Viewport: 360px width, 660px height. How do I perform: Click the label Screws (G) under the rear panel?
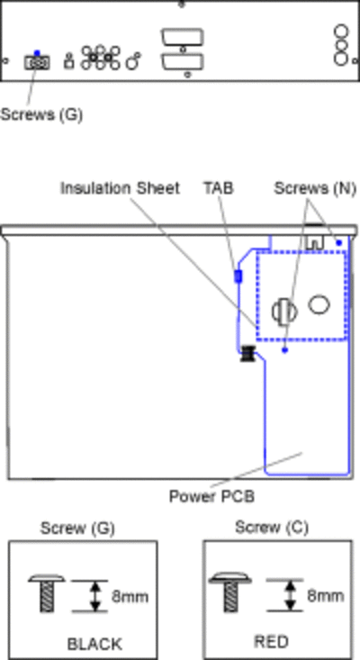(41, 114)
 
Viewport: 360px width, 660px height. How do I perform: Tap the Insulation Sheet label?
(120, 188)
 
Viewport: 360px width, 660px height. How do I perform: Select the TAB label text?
(219, 188)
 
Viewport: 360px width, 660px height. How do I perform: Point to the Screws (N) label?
(315, 188)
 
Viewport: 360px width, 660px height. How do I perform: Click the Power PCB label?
(212, 496)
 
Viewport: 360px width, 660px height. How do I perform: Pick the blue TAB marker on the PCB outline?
(238, 276)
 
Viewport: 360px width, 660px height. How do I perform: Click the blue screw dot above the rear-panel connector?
(37, 53)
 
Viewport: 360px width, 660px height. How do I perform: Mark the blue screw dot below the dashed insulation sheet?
(284, 349)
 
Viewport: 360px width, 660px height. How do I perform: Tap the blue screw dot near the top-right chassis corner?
(339, 243)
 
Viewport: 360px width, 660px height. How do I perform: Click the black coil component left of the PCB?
(248, 354)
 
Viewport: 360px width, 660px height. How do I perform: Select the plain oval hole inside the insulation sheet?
(319, 304)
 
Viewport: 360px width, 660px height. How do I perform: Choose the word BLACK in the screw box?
(94, 644)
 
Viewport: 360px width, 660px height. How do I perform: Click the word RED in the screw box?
(271, 642)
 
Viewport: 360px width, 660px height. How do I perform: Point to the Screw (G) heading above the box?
(77, 529)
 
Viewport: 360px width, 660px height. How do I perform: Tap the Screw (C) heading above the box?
(272, 527)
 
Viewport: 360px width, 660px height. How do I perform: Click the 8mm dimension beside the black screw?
(130, 596)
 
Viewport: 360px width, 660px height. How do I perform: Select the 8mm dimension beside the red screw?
(325, 595)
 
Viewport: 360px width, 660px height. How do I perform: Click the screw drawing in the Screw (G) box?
(47, 593)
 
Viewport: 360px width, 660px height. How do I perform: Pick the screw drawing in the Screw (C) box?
(230, 592)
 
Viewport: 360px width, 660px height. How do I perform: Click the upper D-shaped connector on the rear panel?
(183, 38)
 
